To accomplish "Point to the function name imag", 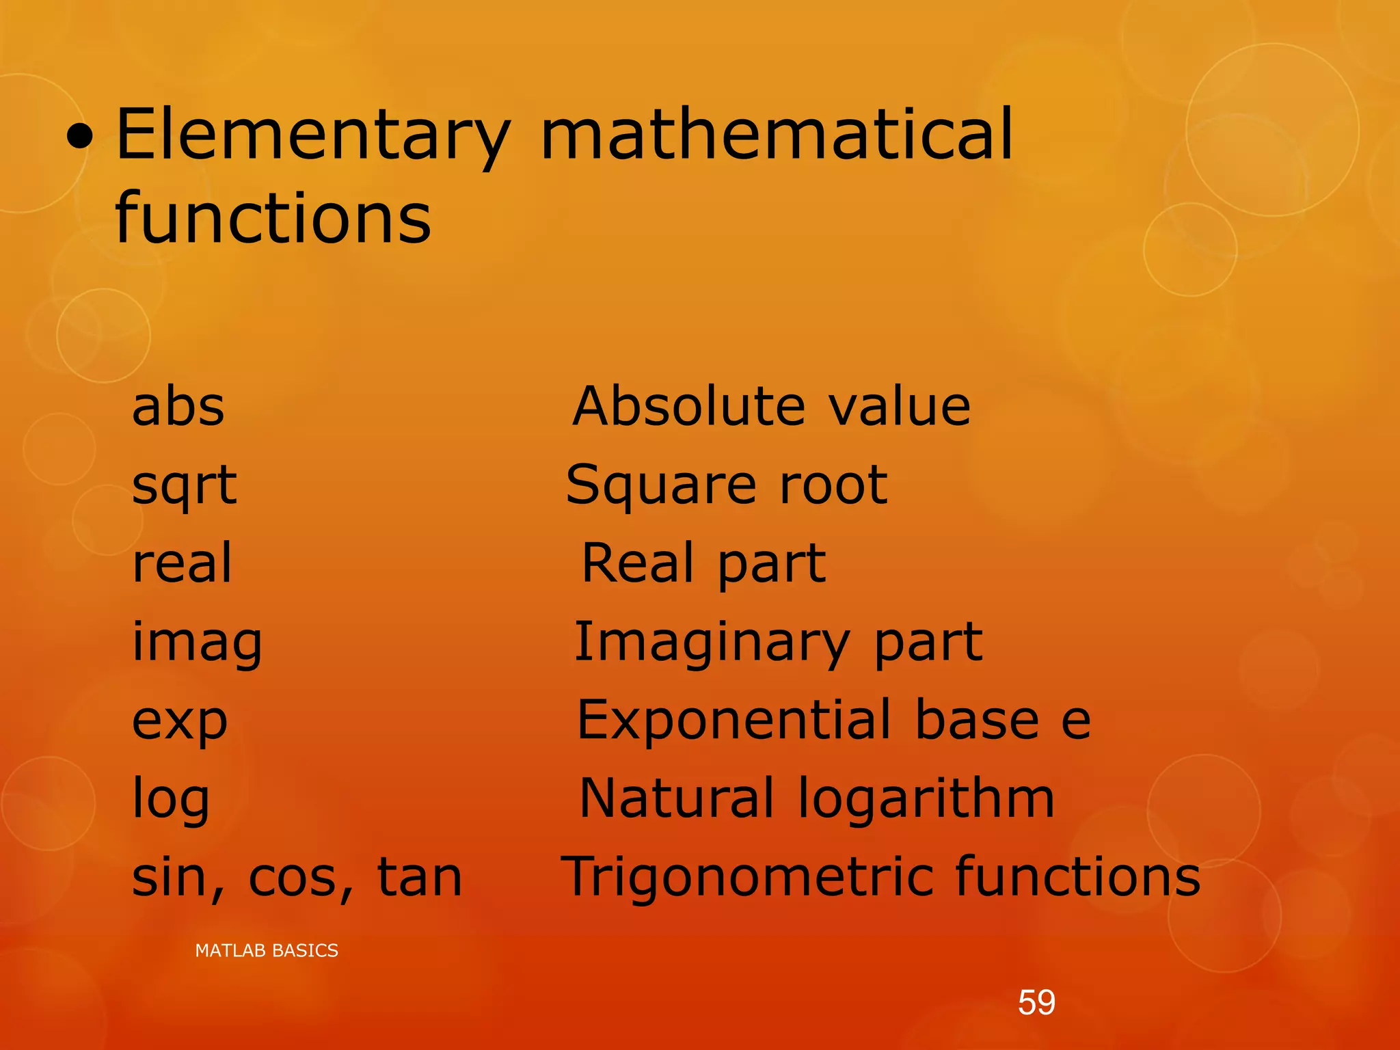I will pos(197,643).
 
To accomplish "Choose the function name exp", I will pos(179,722).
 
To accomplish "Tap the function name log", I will pos(170,799).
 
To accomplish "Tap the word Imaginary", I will pos(712,643).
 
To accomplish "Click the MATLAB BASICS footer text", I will pos(267,950).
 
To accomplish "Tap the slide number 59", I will pos(1036,1003).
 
